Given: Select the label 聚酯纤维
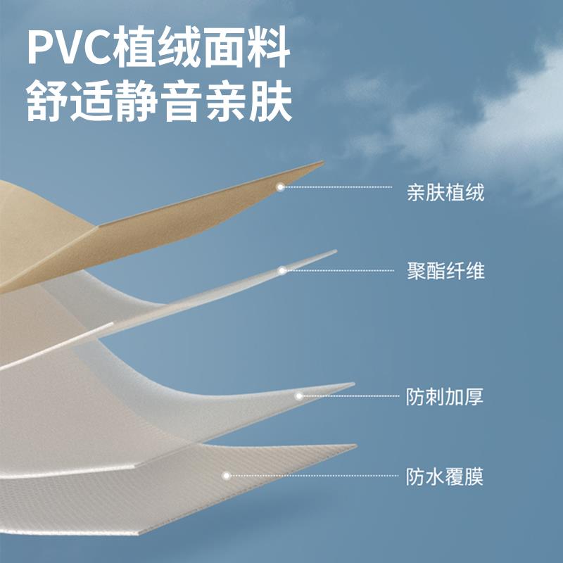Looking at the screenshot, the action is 445,271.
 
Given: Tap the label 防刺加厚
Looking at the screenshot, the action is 445,397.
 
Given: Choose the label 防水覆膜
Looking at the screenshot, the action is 445,477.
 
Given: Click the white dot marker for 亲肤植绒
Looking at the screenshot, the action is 280,187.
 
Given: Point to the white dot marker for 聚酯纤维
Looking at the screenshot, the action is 281,270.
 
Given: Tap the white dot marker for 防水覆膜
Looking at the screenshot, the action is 227,476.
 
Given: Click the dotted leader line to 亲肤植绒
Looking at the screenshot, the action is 338,187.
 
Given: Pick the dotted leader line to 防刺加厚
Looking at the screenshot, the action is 348,396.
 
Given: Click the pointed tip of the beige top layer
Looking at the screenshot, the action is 322,163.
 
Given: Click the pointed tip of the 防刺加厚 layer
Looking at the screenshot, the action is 353,384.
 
